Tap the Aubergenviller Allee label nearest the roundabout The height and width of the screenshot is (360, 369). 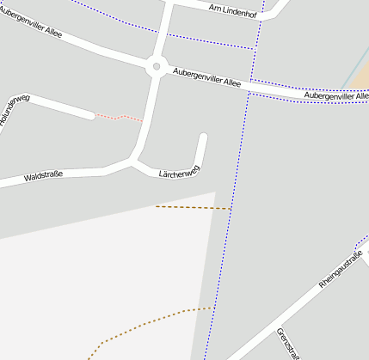coord(206,78)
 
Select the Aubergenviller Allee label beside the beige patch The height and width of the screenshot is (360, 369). coord(336,96)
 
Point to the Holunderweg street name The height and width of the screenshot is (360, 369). coord(14,110)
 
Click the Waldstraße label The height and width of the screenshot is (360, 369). coord(43,176)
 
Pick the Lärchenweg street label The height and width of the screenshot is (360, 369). coord(179,173)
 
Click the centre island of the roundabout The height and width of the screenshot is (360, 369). coord(156,66)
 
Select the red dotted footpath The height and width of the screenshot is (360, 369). coord(118,117)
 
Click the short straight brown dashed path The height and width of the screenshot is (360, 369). coord(193,207)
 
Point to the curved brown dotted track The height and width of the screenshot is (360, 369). coord(146,324)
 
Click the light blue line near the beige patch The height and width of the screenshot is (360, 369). coord(353,69)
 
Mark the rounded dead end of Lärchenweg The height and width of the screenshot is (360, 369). coord(204,137)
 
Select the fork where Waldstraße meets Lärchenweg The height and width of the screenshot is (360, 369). coord(132,160)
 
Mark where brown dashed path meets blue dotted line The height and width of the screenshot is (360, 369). coord(231,209)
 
